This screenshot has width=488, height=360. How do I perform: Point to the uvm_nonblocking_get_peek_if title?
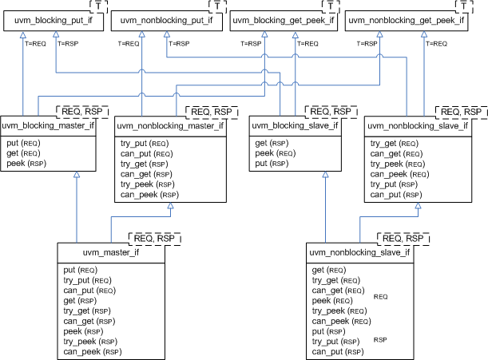click(x=405, y=20)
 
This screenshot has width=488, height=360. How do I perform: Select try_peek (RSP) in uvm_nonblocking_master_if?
click(x=149, y=184)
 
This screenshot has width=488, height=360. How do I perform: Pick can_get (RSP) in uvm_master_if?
click(x=92, y=322)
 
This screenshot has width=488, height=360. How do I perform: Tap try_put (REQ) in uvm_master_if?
click(x=92, y=280)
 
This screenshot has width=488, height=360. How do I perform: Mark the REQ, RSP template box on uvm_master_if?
click(x=156, y=238)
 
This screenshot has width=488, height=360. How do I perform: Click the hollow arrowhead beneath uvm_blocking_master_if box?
click(x=77, y=178)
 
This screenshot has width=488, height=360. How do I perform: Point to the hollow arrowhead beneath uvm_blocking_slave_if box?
click(x=325, y=176)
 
